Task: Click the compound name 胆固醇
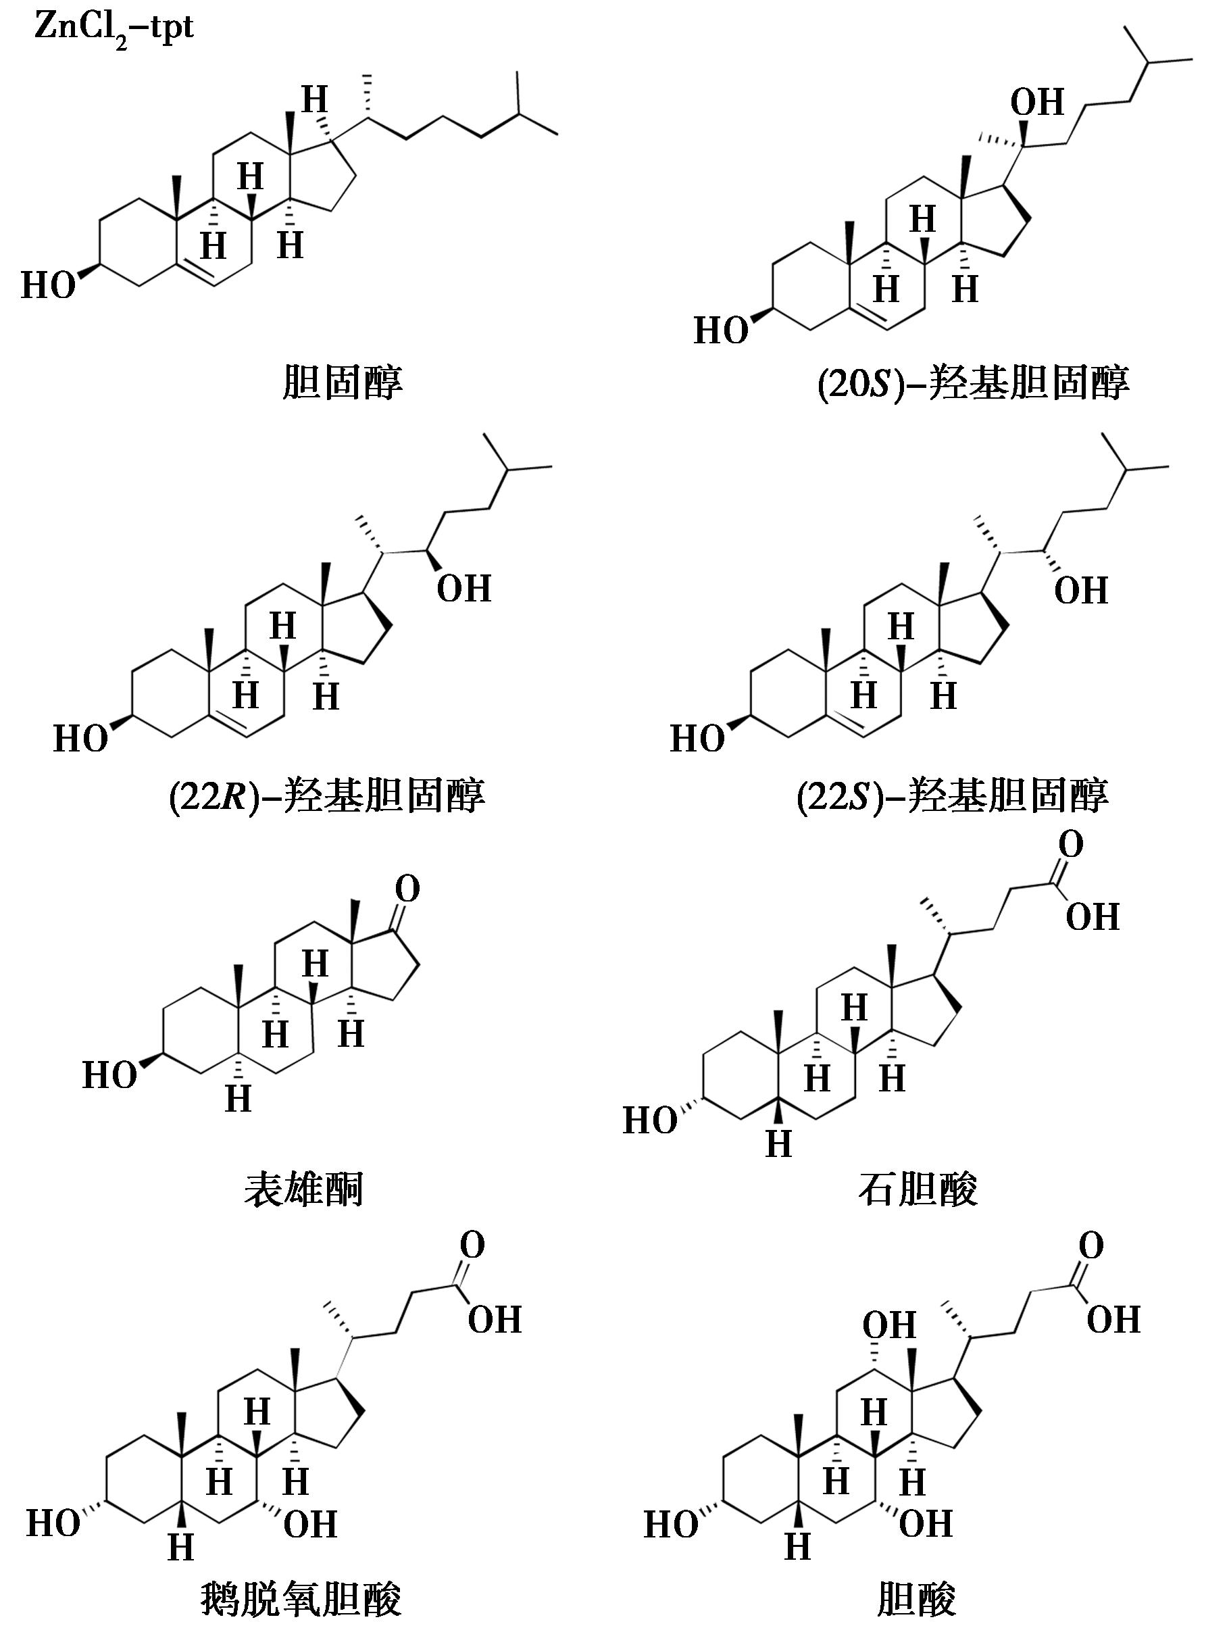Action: pyautogui.click(x=342, y=383)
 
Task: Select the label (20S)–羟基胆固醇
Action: pyautogui.click(x=973, y=383)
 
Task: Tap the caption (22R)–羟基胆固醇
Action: pyautogui.click(x=327, y=795)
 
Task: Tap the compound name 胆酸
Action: pyautogui.click(x=917, y=1598)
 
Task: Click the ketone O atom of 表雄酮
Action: pyautogui.click(x=407, y=889)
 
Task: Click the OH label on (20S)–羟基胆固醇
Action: pyautogui.click(x=1037, y=103)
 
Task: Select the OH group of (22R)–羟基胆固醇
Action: pyautogui.click(x=463, y=589)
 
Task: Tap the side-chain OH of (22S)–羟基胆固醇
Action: pyautogui.click(x=1081, y=590)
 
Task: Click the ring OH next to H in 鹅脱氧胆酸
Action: pyautogui.click(x=311, y=1523)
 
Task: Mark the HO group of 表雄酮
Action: pyautogui.click(x=109, y=1075)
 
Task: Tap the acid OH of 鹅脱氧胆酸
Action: pyautogui.click(x=495, y=1320)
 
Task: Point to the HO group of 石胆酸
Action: pyautogui.click(x=650, y=1121)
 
